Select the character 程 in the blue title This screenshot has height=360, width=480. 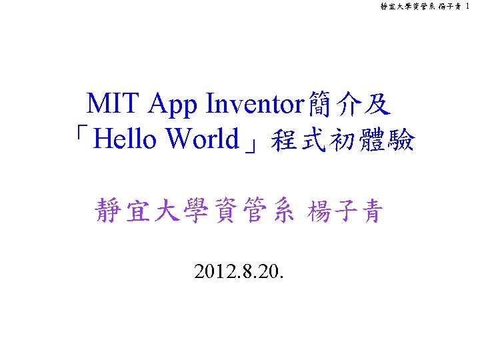point(283,141)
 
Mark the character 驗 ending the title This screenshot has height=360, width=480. point(401,141)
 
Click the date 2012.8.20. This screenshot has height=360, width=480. point(239,271)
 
